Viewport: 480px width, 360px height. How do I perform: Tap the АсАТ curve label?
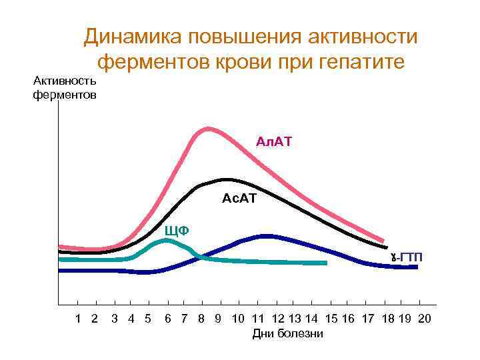point(239,198)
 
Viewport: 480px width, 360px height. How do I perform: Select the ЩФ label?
point(177,231)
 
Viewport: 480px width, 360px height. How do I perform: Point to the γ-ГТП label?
point(407,257)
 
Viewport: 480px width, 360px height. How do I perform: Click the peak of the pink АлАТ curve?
point(208,129)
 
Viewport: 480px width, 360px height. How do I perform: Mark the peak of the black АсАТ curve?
point(227,179)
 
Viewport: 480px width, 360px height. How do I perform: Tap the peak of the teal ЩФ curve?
point(165,240)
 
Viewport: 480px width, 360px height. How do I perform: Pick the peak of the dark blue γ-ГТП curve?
point(267,235)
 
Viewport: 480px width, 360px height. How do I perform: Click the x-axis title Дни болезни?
point(287,333)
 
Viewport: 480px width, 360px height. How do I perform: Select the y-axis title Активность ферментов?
point(65,88)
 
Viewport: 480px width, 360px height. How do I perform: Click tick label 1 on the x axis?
point(79,319)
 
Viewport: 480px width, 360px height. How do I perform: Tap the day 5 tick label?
point(147,319)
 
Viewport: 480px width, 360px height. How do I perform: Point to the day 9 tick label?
point(217,319)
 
